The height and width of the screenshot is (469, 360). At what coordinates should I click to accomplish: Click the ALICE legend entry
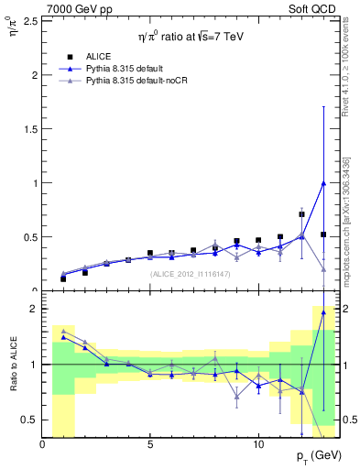pyautogui.click(x=101, y=56)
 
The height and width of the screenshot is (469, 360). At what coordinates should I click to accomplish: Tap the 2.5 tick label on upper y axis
pyautogui.click(x=30, y=20)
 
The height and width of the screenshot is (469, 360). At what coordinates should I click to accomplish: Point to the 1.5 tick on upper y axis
pyautogui.click(x=30, y=128)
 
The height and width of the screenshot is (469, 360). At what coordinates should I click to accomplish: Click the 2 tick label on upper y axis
pyautogui.click(x=34, y=74)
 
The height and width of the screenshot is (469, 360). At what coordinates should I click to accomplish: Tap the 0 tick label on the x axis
pyautogui.click(x=42, y=444)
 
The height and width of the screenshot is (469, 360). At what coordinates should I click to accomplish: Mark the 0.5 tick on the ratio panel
pyautogui.click(x=30, y=420)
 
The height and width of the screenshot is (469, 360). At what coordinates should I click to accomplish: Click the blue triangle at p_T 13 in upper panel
pyautogui.click(x=323, y=182)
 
